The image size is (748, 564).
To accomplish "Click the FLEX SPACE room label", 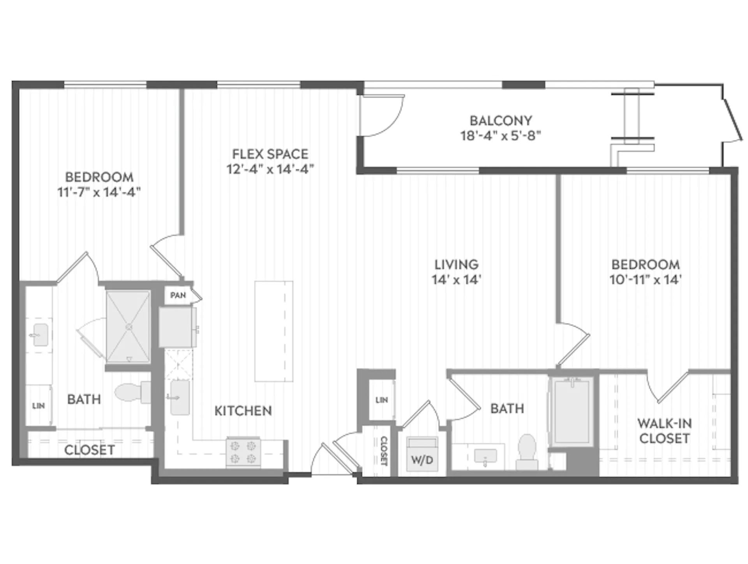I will (x=270, y=154).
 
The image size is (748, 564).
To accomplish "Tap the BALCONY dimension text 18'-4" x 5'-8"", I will (x=501, y=136).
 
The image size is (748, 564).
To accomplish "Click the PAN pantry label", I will (x=178, y=295).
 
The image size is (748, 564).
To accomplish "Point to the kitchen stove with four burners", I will (x=243, y=452).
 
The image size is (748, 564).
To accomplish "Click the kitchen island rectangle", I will (x=273, y=331).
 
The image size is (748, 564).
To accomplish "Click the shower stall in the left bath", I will (x=128, y=327).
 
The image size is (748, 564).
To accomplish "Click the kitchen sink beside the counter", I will (x=180, y=398).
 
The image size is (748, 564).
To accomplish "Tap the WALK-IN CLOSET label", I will (x=664, y=431).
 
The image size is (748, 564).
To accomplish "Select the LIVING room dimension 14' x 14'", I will (x=456, y=279).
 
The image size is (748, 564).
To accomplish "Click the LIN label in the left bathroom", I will (x=38, y=406).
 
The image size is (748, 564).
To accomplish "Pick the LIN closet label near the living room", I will (x=381, y=400).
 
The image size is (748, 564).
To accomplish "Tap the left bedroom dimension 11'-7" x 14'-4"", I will (x=99, y=192).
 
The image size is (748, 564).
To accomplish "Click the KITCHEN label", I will (x=243, y=410).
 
